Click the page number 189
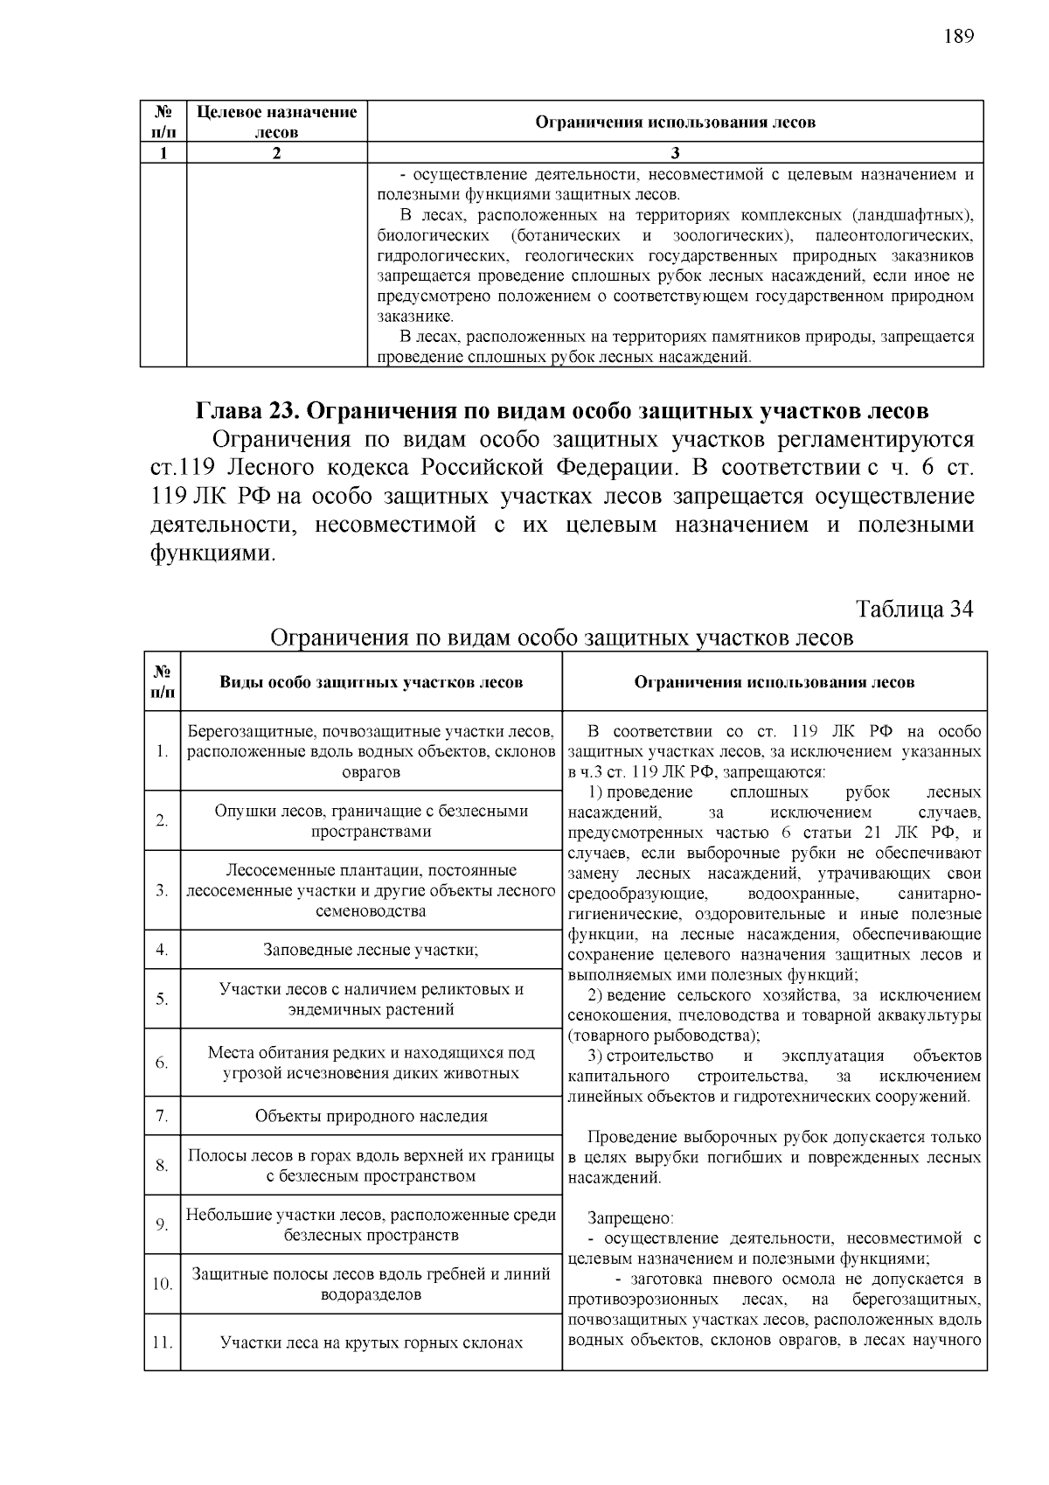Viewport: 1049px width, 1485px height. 958,36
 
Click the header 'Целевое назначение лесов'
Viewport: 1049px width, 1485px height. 276,122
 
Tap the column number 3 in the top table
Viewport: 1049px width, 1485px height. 675,153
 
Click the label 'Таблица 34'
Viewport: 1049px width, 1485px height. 914,609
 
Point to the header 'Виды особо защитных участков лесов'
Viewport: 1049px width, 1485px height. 371,681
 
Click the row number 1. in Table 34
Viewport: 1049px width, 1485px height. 162,751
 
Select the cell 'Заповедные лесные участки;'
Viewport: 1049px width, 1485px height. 371,949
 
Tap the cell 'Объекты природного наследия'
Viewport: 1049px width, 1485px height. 371,1116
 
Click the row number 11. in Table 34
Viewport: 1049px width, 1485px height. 162,1342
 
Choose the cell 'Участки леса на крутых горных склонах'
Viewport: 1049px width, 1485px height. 371,1342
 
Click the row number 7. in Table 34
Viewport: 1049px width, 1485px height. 162,1116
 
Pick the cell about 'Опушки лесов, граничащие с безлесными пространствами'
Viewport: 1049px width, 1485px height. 371,820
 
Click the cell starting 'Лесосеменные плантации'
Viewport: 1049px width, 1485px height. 371,890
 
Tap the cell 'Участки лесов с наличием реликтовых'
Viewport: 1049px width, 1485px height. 371,999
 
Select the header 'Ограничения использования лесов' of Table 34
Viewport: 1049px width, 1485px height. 774,681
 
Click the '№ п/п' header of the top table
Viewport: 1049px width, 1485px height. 163,122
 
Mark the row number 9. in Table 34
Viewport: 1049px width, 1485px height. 162,1224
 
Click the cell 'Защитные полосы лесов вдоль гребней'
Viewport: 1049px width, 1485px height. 371,1284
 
